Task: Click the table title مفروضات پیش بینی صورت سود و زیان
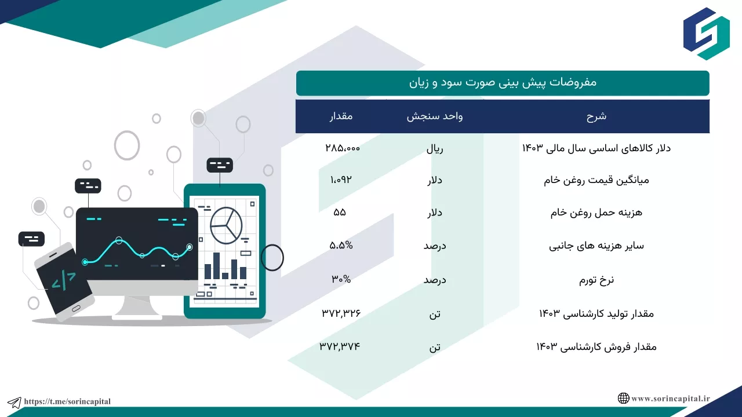pyautogui.click(x=503, y=82)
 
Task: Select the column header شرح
pyautogui.click(x=596, y=116)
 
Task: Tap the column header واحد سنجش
pyautogui.click(x=435, y=116)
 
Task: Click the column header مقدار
pyautogui.click(x=341, y=116)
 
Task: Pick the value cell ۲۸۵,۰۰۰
pyautogui.click(x=343, y=148)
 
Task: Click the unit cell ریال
pyautogui.click(x=435, y=149)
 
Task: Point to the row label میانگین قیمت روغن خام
pyautogui.click(x=596, y=180)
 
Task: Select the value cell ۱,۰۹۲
pyautogui.click(x=341, y=180)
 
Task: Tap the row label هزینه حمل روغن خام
pyautogui.click(x=596, y=213)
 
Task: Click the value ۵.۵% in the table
pyautogui.click(x=341, y=245)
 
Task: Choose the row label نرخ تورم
pyautogui.click(x=596, y=280)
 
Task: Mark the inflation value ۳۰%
pyautogui.click(x=341, y=279)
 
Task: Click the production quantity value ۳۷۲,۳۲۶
pyautogui.click(x=341, y=313)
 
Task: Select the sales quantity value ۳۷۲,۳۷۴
pyautogui.click(x=340, y=346)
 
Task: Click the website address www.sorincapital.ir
pyautogui.click(x=671, y=398)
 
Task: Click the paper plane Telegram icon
pyautogui.click(x=14, y=403)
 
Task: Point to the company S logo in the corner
pyautogui.click(x=706, y=34)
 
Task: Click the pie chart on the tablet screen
pyautogui.click(x=226, y=225)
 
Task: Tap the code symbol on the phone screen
pyautogui.click(x=64, y=281)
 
